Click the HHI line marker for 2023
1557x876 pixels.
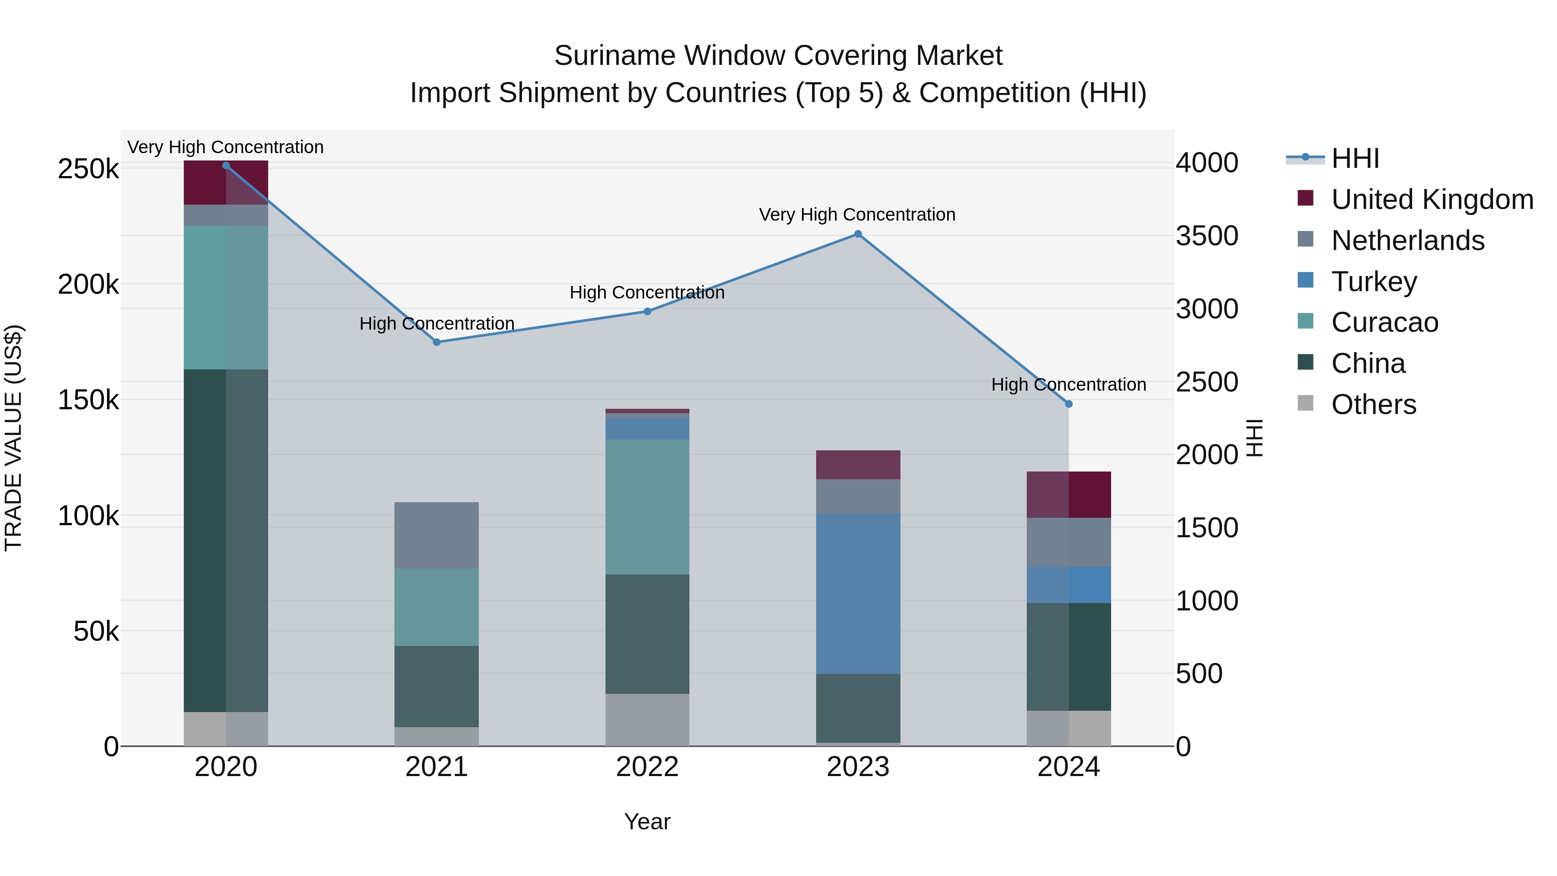point(858,234)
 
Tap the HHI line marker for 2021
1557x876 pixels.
point(436,342)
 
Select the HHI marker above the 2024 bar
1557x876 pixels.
point(1069,404)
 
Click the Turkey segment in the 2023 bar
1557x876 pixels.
point(858,594)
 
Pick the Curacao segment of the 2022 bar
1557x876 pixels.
point(647,507)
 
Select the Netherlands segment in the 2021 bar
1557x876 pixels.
point(436,535)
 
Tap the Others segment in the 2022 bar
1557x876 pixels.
point(647,719)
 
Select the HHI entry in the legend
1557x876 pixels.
point(1355,158)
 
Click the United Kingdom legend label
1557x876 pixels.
point(1432,199)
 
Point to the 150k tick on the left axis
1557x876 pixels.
point(88,400)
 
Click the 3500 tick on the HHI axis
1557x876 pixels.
point(1206,236)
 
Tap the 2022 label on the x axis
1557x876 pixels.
point(647,767)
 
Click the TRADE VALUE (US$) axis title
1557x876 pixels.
point(13,438)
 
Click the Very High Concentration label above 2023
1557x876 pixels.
point(857,215)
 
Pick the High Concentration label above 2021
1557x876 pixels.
point(436,324)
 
